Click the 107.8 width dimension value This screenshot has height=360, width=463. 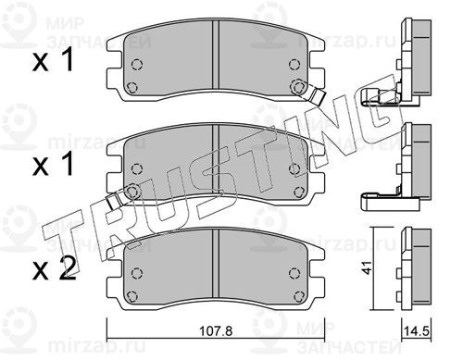click(x=216, y=331)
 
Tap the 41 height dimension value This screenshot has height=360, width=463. click(x=367, y=267)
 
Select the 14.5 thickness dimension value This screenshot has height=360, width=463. click(x=416, y=331)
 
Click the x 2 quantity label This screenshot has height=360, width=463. click(x=55, y=268)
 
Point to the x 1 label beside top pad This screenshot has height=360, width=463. click(x=53, y=60)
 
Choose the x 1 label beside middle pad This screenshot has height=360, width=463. click(x=53, y=164)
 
